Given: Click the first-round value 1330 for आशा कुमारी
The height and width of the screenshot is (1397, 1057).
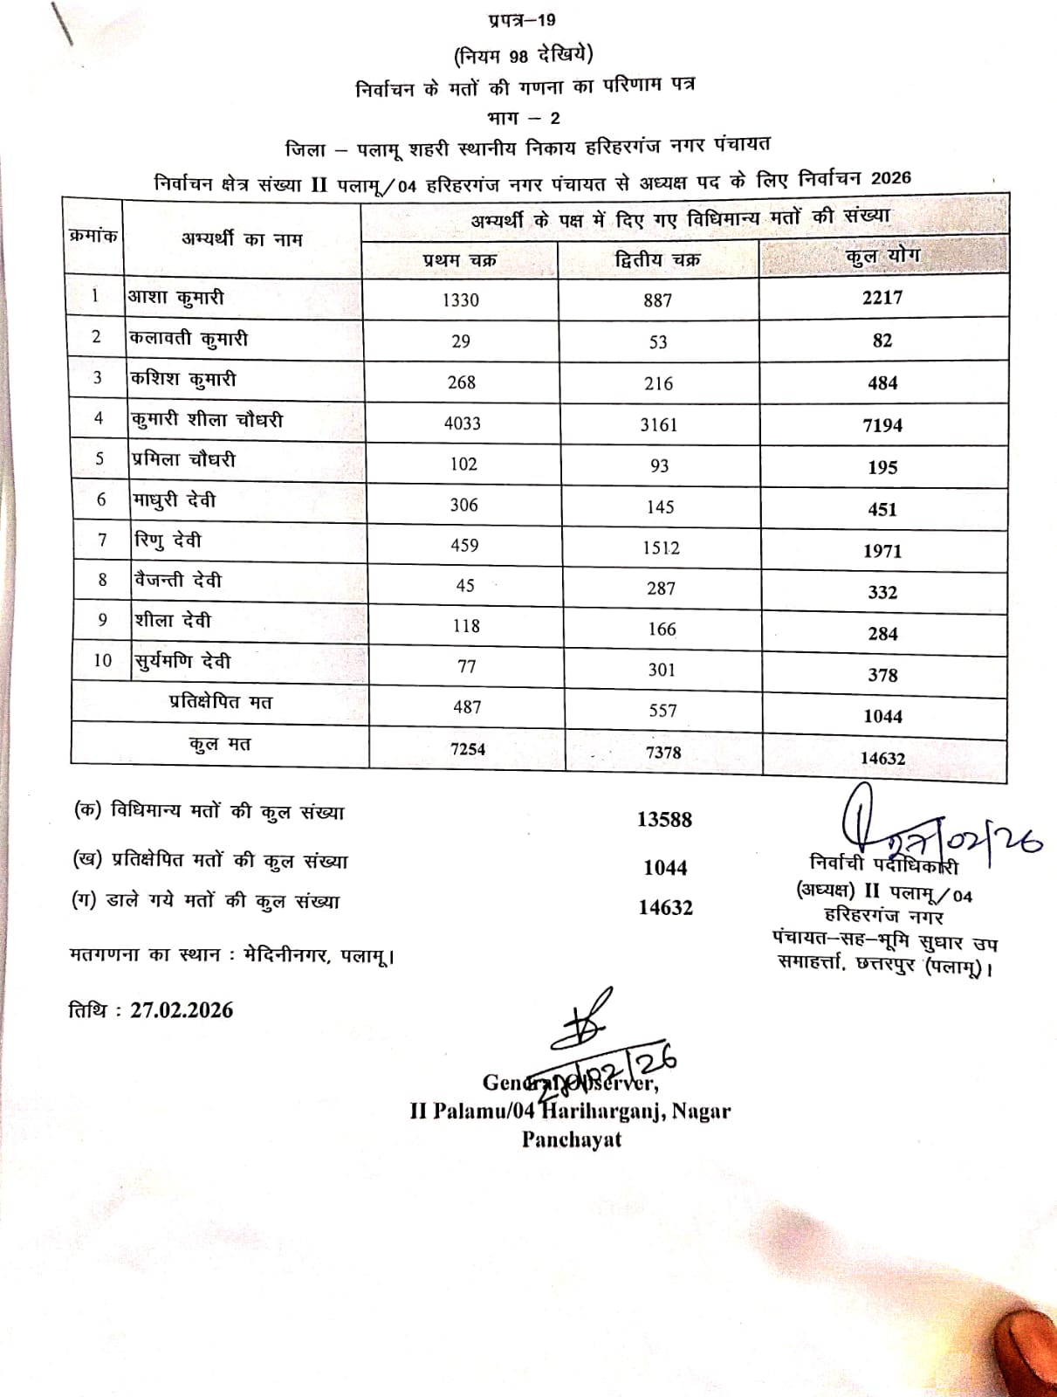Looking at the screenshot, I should pos(460,299).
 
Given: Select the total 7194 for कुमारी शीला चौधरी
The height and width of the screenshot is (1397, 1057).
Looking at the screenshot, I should pos(882,425).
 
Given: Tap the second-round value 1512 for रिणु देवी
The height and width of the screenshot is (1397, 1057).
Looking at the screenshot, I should pos(660,547).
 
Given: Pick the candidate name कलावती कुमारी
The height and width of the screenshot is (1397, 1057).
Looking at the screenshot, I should pos(189,339).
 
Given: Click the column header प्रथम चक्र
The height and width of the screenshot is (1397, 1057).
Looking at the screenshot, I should pos(459,260).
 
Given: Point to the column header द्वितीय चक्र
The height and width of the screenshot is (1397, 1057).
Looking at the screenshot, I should pos(657,259).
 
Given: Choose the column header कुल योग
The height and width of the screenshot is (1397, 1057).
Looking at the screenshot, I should pos(882,257).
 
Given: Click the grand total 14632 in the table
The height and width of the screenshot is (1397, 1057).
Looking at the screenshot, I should pos(882,758).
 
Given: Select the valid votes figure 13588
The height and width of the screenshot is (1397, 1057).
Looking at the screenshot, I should pos(664,819).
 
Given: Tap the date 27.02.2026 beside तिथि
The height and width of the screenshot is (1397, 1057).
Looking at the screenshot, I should pos(182,1010).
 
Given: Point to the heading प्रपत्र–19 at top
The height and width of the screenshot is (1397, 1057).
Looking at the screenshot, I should pos(522,20).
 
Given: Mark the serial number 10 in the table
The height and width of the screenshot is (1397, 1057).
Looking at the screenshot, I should pos(102,660).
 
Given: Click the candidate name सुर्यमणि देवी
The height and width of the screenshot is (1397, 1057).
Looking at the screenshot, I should pos(183,662).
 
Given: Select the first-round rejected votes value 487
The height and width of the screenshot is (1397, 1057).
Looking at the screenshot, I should pos(467,707).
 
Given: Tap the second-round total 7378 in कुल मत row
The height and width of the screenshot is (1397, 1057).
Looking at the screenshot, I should pos(662,752).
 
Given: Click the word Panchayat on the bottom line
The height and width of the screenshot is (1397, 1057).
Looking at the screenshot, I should pos(572,1139).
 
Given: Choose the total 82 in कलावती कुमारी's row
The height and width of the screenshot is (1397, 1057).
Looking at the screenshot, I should pos(882,341).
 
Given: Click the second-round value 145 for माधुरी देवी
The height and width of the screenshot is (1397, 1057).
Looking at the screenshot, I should pos(660,506).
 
